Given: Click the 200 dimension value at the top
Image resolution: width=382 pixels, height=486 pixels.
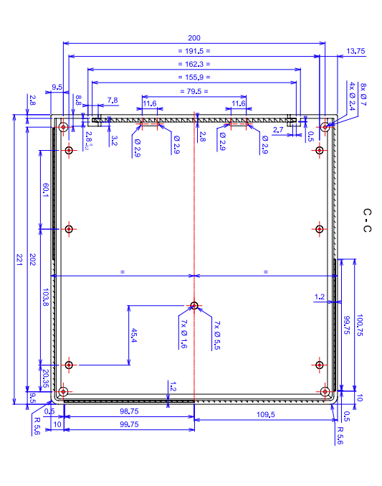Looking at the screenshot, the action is [194, 38].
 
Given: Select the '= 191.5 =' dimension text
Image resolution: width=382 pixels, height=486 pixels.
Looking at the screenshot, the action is [194, 51].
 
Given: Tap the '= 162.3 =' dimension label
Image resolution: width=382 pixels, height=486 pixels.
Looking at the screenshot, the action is [194, 64].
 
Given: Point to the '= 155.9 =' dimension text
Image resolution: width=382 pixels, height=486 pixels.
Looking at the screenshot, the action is [194, 78].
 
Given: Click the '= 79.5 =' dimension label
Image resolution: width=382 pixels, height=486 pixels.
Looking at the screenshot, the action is [194, 91].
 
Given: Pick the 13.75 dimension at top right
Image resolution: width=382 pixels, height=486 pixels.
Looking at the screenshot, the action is [355, 51].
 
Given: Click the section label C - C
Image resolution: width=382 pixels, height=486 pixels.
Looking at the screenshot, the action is [367, 220].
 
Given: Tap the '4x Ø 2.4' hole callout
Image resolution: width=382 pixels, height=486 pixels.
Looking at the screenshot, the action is [352, 96].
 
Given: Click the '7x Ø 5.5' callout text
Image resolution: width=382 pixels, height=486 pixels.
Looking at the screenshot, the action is [217, 335].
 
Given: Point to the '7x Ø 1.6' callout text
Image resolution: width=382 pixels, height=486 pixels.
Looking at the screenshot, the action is [183, 334].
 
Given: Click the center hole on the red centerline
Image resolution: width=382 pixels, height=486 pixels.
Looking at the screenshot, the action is [194, 306].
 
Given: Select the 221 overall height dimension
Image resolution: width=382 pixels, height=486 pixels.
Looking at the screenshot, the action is [19, 259].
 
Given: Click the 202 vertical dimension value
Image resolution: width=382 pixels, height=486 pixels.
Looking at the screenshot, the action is [32, 259].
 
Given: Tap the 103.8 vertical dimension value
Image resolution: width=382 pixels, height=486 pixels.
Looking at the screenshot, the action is [45, 297].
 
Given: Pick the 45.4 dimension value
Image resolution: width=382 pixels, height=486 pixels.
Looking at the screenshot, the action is [134, 335].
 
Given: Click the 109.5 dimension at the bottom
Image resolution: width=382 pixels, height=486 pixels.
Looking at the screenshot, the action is [266, 414].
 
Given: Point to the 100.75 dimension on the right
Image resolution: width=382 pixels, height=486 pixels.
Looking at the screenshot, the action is [359, 324].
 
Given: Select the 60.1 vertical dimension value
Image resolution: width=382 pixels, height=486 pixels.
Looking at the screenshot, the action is [45, 190].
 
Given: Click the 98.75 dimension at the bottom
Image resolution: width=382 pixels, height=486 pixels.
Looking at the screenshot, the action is [129, 411].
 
